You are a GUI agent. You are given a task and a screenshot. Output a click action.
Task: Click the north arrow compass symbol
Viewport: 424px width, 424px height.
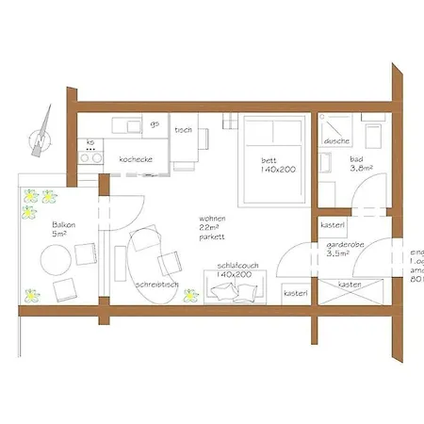point(40,135)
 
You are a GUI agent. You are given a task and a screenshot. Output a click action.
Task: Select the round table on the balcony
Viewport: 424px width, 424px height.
point(65,287)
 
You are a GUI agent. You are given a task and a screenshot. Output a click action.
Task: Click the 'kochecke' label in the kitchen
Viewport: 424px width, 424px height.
point(136,160)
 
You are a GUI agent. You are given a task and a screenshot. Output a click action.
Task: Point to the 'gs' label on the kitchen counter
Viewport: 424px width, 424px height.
point(154,123)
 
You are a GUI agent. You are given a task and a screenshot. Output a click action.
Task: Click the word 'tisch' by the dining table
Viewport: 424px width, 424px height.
point(184,130)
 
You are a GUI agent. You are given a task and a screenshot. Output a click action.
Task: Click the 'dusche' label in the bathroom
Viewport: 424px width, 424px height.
point(336,141)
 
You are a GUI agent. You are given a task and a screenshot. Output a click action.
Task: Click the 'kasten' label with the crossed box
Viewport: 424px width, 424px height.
point(351,284)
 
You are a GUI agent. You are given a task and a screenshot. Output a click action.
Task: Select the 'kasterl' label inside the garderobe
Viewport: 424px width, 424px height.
point(332,226)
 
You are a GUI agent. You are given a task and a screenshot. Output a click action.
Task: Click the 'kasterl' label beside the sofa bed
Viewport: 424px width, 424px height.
point(295,294)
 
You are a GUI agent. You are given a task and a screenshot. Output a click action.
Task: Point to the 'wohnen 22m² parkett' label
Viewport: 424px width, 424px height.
point(214,225)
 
